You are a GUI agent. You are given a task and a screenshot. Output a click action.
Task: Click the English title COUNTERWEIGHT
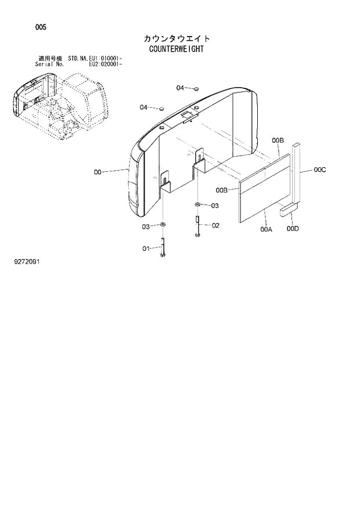pos(176,49)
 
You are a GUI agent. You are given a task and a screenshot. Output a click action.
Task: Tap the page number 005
pos(40,27)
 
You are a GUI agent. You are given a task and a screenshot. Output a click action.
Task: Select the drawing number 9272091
pos(27,261)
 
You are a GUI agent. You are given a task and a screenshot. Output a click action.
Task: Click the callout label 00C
pos(319,170)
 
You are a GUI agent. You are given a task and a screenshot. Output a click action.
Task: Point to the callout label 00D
pos(293,229)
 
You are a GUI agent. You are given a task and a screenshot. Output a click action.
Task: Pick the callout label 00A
pos(266,230)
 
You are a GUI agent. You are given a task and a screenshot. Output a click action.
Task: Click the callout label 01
pos(147,249)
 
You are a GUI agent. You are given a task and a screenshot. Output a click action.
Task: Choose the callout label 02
pos(215,225)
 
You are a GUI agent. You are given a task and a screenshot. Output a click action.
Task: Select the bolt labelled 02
pos(198,226)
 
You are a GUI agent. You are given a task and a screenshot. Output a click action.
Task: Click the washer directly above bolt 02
pos(198,204)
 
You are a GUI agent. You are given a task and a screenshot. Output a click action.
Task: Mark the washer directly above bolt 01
pos(163,225)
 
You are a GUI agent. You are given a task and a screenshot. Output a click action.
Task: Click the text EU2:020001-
pos(105,65)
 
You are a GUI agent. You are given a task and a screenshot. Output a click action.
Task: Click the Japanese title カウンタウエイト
pos(177,38)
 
